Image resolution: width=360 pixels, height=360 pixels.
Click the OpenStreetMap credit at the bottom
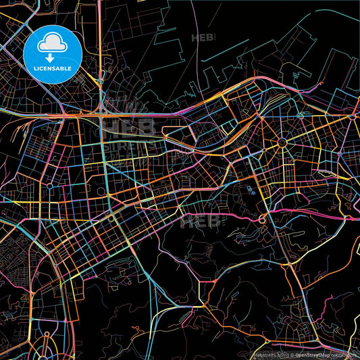point(300,355)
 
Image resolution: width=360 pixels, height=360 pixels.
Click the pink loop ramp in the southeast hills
point(262,220)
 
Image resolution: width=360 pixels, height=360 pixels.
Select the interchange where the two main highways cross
point(101,115)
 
